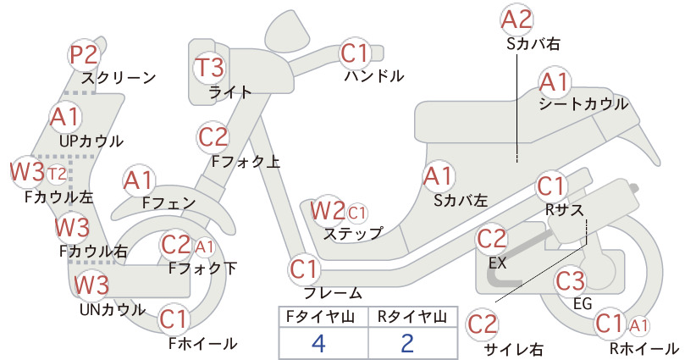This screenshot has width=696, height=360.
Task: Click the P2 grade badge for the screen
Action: (85, 55)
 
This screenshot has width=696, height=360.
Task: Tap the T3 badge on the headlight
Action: (210, 67)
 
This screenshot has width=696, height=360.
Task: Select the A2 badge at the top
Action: (516, 20)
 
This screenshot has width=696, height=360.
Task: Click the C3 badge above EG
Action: (571, 280)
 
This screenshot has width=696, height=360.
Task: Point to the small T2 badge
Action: (57, 174)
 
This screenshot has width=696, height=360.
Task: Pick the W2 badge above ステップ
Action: (328, 210)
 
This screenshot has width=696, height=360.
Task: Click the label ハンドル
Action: (374, 76)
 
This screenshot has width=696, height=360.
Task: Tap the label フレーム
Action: (333, 292)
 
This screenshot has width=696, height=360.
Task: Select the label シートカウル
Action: (583, 104)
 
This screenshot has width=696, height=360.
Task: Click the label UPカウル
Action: (91, 141)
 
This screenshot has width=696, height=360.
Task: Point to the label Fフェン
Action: (168, 202)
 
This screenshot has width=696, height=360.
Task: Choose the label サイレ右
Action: (514, 350)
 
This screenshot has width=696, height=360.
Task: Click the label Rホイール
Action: (644, 348)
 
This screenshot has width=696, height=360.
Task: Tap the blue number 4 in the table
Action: (318, 343)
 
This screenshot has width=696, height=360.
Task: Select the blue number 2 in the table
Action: (407, 343)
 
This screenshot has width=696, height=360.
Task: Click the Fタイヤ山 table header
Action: (320, 317)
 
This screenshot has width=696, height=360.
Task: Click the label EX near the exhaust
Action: (497, 263)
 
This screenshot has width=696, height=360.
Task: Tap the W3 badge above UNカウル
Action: (91, 285)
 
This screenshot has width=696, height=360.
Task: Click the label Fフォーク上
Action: (246, 161)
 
